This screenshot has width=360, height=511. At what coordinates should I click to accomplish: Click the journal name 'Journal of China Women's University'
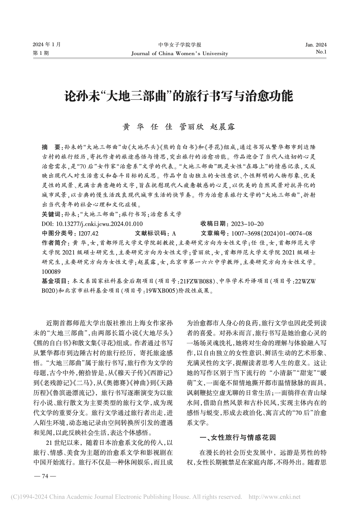click(x=180, y=53)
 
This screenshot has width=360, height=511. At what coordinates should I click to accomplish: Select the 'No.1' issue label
click(x=321, y=52)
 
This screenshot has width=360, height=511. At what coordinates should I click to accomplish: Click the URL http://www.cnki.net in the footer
click(x=274, y=497)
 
